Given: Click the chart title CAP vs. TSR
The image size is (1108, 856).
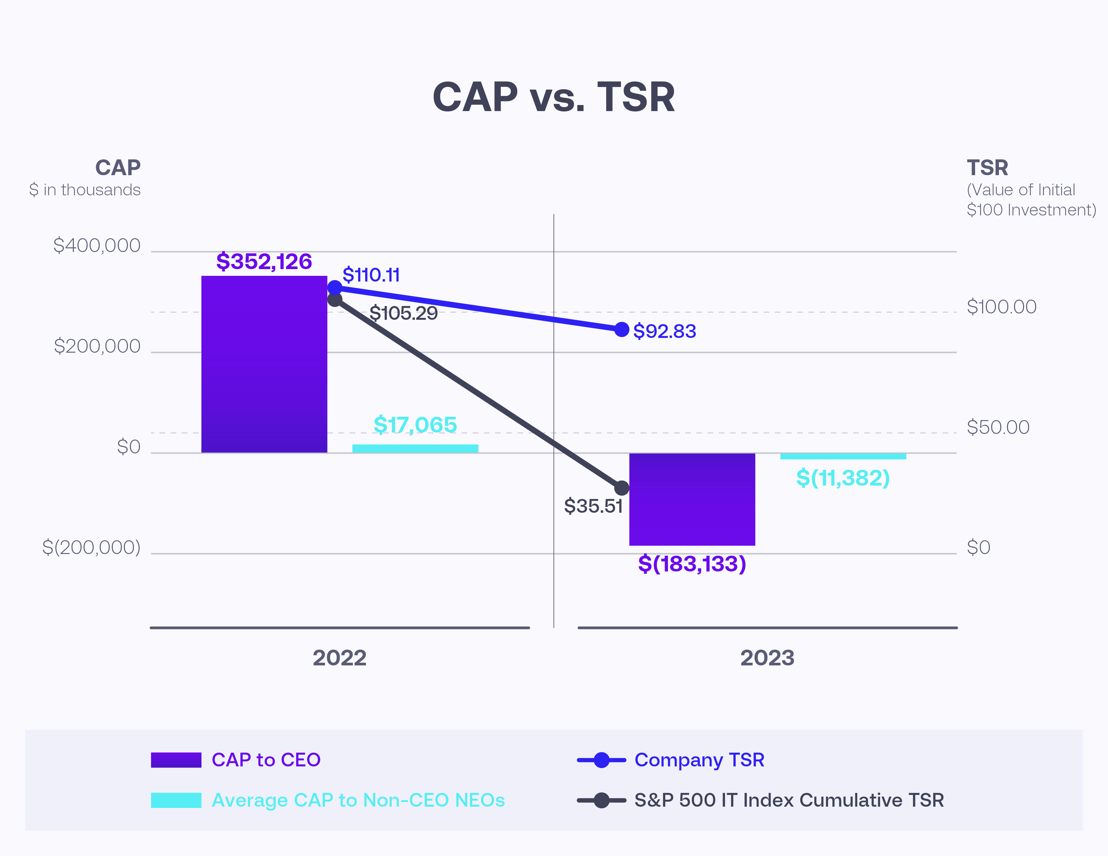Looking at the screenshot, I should tap(553, 97).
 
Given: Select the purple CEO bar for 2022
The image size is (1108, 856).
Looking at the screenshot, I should tap(264, 364).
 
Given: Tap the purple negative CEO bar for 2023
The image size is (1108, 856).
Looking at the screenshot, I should tap(692, 499).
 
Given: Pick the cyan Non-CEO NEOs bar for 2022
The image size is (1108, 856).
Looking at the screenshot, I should tap(415, 448).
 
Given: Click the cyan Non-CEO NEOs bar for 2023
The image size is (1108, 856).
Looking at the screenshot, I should tap(843, 456).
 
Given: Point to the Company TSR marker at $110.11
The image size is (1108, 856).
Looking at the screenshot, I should tap(335, 288).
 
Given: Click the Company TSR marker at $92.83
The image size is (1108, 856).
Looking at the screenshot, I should tap(622, 330).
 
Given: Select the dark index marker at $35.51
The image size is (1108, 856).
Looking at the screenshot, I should tap(622, 488).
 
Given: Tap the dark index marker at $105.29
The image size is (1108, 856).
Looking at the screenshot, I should tap(335, 300).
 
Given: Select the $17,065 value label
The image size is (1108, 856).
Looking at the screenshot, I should tap(415, 425).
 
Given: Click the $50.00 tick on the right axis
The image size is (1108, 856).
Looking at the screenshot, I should tap(998, 427).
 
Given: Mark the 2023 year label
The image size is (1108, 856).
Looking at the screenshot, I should tap(767, 658).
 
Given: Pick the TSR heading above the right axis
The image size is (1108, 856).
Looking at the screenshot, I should tap(987, 167).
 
